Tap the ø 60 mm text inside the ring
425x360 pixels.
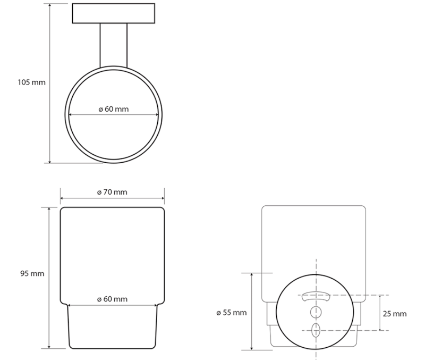pyautogui.click(x=114, y=109)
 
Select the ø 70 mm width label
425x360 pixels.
pyautogui.click(x=112, y=192)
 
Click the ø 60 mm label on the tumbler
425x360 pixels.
pyautogui.click(x=112, y=299)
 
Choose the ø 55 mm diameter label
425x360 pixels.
pyautogui.click(x=232, y=312)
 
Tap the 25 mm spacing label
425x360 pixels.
pyautogui.click(x=395, y=313)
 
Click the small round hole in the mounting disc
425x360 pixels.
pyautogui.click(x=316, y=312)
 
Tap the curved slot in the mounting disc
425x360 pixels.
pyautogui.click(x=316, y=296)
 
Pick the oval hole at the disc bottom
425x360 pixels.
pyautogui.click(x=316, y=330)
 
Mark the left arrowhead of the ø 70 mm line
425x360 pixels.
pyautogui.click(x=62, y=199)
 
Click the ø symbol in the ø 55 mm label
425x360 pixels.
pyautogui.click(x=219, y=312)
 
